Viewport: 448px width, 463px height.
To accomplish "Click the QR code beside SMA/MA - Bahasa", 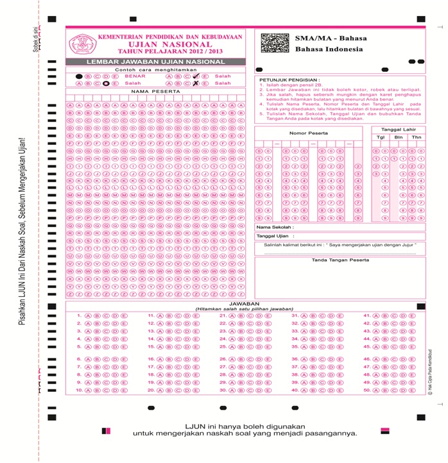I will click(x=275, y=42).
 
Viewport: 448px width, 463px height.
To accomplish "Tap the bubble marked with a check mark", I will click(x=196, y=76).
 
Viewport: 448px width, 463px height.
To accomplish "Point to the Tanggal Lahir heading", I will click(x=399, y=129).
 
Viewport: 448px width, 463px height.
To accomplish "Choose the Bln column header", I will click(x=399, y=137).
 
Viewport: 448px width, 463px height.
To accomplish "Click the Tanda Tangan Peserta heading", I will click(x=340, y=260).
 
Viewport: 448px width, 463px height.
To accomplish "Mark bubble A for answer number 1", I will click(x=88, y=316).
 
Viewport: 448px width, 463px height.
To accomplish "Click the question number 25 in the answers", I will click(x=223, y=346).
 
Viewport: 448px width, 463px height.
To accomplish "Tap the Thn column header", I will click(x=417, y=137).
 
